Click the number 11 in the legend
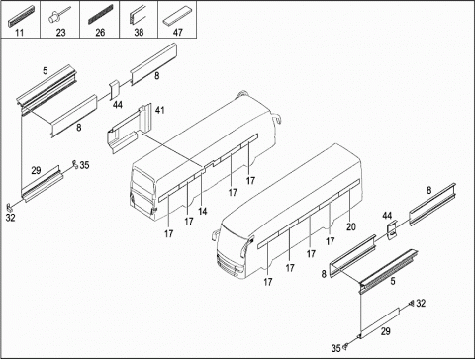[20, 33]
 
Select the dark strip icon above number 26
[100, 15]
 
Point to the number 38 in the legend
[139, 32]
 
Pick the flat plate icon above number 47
[177, 18]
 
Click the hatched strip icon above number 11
[20, 16]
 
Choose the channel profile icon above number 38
[138, 15]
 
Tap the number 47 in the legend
[178, 32]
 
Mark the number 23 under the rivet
[60, 33]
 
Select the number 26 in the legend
[100, 33]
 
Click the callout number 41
[160, 110]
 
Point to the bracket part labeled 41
[129, 129]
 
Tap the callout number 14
[203, 211]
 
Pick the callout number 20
[351, 226]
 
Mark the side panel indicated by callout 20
[349, 186]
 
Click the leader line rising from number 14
[202, 188]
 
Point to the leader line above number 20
[349, 206]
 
